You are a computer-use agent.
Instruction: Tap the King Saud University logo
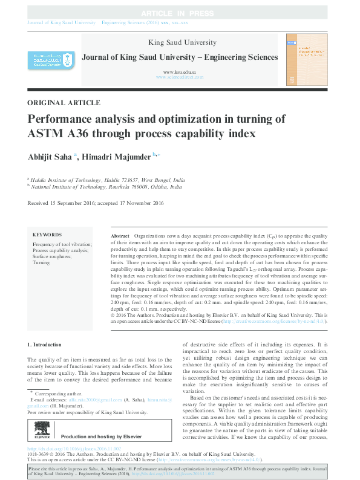pos(46,59)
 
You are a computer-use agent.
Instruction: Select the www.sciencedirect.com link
pos(180,78)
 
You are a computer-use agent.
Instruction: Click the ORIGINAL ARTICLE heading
pos(64,103)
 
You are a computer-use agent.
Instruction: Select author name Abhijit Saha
pos(50,157)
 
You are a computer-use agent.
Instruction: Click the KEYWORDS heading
pos(47,234)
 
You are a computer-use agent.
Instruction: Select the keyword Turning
pos(41,263)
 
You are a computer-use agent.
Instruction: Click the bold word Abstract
pos(120,234)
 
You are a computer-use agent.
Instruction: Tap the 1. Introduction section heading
pos(45,345)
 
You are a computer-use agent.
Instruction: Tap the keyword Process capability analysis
pos(61,250)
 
